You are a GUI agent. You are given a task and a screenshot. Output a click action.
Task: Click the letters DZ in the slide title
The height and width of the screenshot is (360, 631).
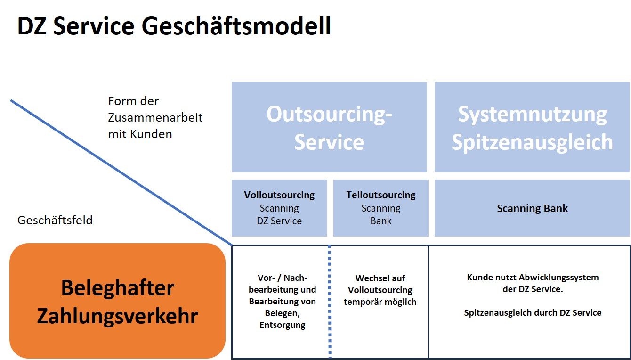click(32, 26)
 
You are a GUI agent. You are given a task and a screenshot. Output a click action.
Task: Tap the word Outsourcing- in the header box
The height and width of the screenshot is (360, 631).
click(329, 115)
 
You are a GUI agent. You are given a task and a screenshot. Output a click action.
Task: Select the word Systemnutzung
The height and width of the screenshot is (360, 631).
click(533, 115)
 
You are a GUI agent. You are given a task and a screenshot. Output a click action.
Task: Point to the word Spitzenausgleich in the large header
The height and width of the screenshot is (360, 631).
click(533, 142)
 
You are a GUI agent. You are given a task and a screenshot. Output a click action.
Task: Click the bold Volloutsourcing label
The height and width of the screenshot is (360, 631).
click(279, 195)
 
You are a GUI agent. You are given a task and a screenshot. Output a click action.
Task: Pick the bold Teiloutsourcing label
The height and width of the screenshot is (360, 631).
click(381, 195)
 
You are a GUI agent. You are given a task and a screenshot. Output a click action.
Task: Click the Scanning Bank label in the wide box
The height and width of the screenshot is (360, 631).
click(533, 208)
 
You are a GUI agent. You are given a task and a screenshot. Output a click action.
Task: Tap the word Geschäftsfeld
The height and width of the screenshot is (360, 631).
click(55, 220)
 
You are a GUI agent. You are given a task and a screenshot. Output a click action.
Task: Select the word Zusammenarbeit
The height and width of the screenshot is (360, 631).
click(155, 117)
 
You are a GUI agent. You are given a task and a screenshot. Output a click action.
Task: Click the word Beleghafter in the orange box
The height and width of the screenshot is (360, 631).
click(117, 288)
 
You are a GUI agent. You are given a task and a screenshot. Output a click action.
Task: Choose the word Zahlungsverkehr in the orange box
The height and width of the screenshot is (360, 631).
click(117, 316)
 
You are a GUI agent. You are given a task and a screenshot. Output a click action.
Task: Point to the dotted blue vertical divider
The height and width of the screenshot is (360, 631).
click(329, 302)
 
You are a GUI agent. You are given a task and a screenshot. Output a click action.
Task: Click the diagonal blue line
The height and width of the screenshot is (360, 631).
click(121, 173)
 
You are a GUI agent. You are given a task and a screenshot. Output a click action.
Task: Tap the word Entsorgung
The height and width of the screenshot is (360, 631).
click(282, 325)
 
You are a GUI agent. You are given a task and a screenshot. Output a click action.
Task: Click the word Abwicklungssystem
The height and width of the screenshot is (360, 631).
click(558, 278)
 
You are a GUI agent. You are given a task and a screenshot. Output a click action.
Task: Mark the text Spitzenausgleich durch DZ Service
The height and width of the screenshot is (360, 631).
click(533, 312)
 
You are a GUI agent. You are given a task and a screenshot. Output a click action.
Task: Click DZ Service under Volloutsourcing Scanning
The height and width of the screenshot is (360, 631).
click(279, 221)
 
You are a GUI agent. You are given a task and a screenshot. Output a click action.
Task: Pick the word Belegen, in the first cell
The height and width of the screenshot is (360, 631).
click(282, 313)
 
